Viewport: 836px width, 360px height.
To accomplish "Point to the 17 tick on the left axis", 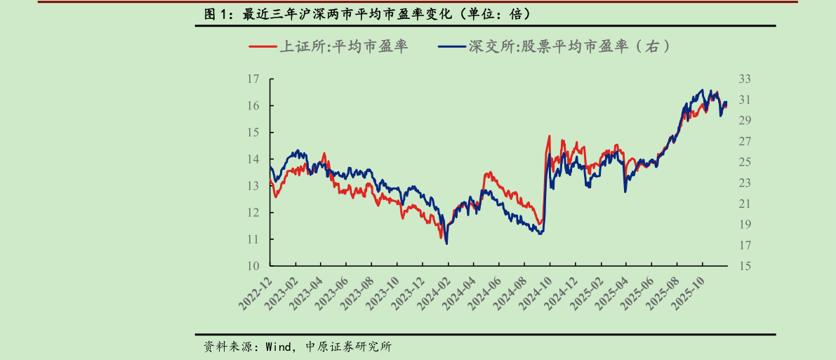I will (253, 79).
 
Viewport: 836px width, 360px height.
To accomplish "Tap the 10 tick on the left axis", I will (253, 266).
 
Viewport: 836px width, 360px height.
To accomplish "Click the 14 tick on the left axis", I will (253, 159).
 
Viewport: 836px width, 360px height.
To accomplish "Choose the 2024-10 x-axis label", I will (537, 293).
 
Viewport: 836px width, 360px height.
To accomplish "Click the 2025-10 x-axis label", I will (690, 293).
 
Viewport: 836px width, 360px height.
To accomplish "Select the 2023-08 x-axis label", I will (358, 293).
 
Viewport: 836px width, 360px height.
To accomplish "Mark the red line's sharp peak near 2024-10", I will (549, 136).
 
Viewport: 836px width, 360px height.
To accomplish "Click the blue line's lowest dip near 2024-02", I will (446, 243).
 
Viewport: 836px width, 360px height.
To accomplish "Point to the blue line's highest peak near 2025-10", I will (702, 90).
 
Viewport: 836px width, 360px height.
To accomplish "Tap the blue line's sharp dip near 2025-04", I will (625, 191).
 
